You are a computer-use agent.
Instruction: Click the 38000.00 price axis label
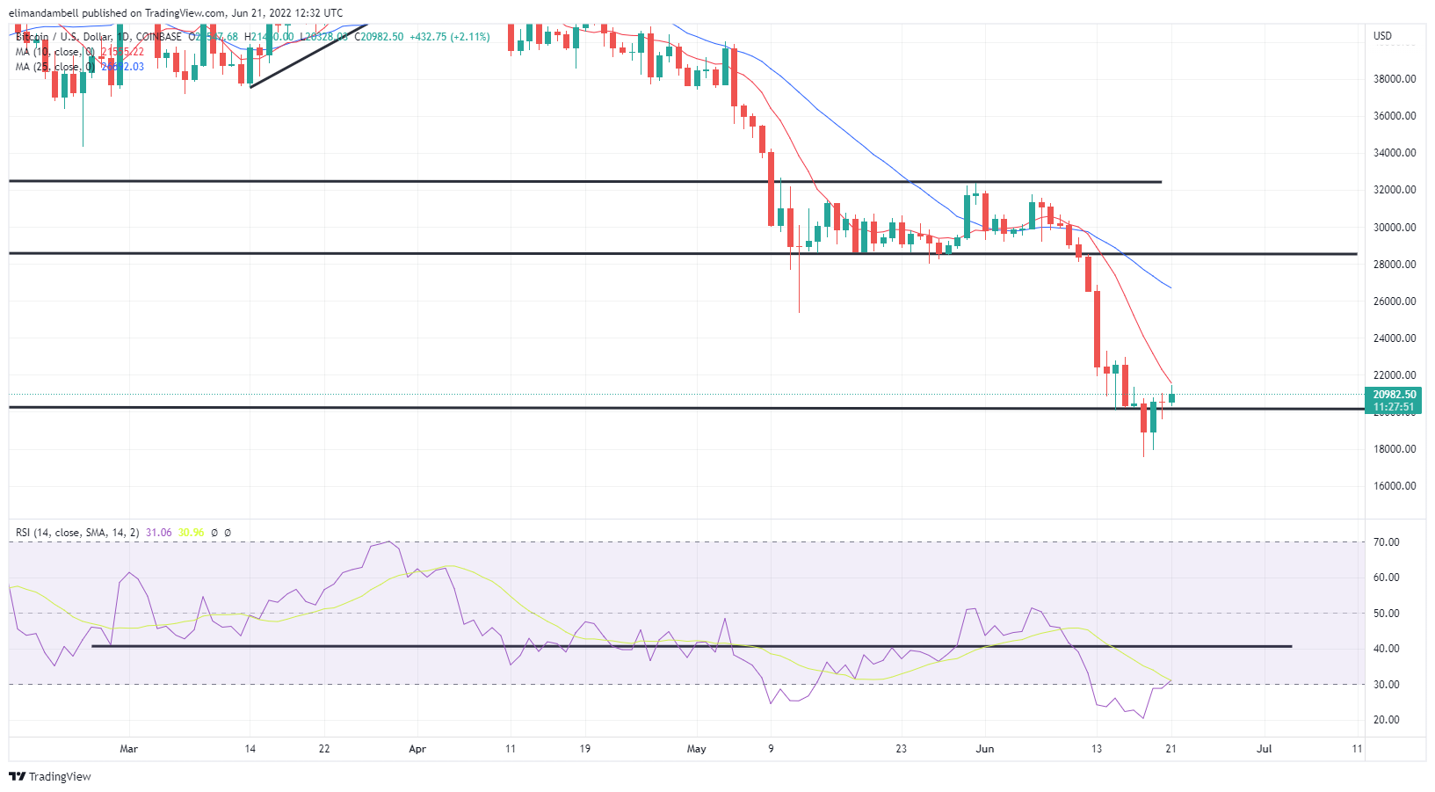(x=1395, y=79)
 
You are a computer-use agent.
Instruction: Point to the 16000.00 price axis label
(x=1395, y=486)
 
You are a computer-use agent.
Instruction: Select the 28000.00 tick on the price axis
(x=1395, y=265)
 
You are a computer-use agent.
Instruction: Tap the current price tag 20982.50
(x=1395, y=395)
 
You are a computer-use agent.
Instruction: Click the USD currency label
(x=1383, y=36)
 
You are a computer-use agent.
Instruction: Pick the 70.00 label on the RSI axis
(x=1387, y=542)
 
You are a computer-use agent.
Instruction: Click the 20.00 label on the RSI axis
(x=1387, y=720)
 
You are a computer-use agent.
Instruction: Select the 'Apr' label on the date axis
(x=417, y=749)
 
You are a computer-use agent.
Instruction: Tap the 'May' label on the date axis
(x=696, y=749)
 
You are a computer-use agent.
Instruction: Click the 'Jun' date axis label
(x=985, y=749)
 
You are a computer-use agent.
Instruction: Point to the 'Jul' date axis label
(x=1264, y=749)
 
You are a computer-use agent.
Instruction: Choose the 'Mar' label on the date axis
(x=128, y=749)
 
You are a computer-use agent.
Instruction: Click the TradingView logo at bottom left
(x=50, y=777)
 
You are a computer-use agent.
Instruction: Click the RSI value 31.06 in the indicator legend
(x=158, y=533)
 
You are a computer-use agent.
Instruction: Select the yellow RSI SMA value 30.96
(x=191, y=533)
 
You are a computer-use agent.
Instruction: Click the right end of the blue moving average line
(x=1170, y=287)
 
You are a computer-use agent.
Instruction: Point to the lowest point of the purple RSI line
(x=1143, y=718)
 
